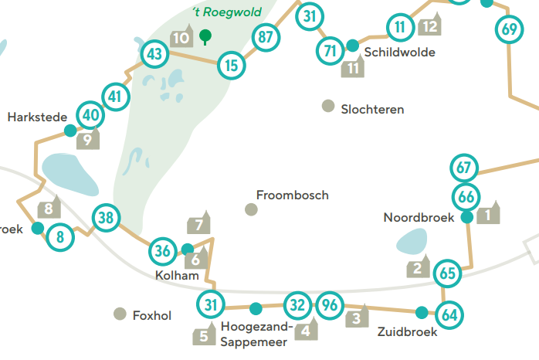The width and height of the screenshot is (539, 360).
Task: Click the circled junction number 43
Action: [x=155, y=54]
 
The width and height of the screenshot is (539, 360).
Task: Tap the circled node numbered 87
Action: [x=266, y=36]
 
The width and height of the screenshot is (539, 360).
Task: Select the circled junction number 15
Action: [x=232, y=66]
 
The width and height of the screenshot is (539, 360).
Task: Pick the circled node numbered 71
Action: [x=331, y=51]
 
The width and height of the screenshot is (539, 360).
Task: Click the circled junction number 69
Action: [x=508, y=30]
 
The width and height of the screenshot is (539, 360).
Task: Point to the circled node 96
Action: [x=330, y=304]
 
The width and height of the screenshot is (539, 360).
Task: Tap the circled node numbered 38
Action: [x=107, y=218]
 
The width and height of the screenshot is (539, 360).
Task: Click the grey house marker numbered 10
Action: [x=181, y=36]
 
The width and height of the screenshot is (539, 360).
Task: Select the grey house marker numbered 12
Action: [x=430, y=25]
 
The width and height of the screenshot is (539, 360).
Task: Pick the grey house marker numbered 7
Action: [x=199, y=224]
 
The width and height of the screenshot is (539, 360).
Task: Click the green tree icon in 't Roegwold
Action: [x=205, y=36]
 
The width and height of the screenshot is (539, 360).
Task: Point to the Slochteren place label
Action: [x=372, y=110]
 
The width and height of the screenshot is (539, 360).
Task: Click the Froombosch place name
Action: [x=292, y=195]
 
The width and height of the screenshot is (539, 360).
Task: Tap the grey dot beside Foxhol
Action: [x=120, y=314]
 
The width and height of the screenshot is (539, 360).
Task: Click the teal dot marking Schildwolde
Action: [x=352, y=46]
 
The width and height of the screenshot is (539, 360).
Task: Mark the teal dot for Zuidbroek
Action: [x=421, y=313]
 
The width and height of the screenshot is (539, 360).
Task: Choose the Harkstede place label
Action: [x=32, y=117]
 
